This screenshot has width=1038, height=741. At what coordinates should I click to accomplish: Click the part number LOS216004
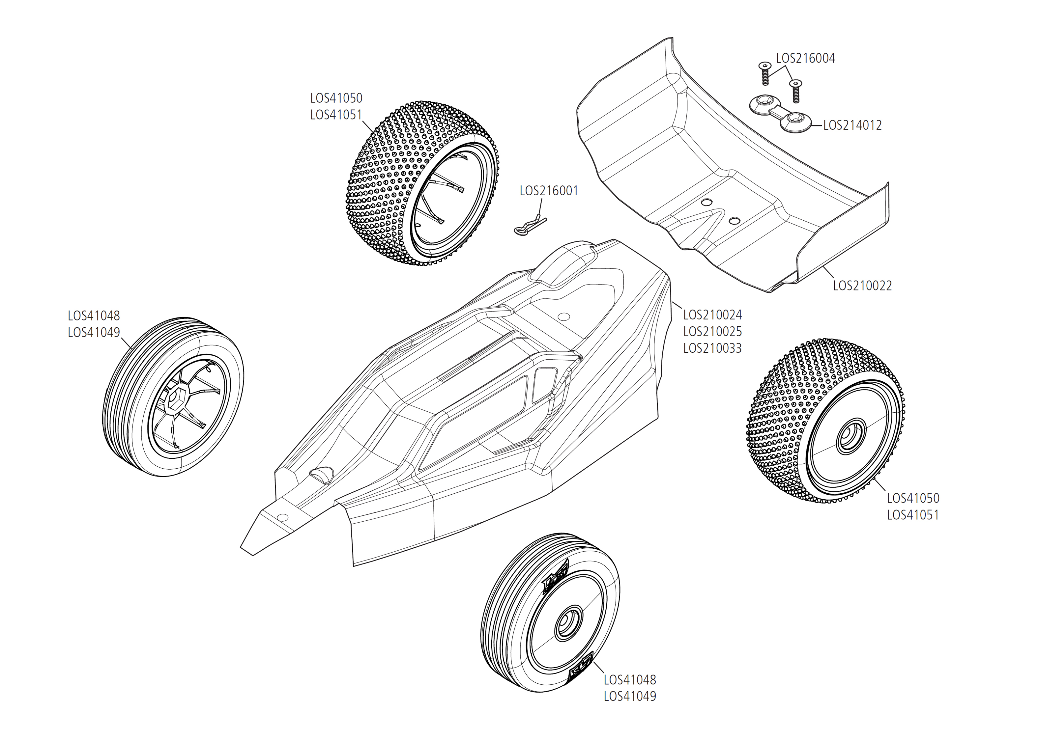tap(805, 58)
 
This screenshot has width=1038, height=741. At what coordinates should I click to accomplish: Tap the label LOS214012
tap(852, 125)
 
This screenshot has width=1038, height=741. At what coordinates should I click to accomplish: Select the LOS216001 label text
tap(549, 191)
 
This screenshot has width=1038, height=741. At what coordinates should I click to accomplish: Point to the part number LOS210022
tap(862, 286)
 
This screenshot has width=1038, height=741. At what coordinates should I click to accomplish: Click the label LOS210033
tap(712, 348)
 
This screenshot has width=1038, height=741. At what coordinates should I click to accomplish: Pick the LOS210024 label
tap(712, 315)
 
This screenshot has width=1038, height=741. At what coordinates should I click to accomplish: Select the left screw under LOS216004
tap(765, 73)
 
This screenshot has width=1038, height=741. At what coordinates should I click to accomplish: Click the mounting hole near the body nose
tap(282, 517)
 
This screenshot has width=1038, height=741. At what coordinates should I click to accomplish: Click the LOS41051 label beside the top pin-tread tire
tap(336, 115)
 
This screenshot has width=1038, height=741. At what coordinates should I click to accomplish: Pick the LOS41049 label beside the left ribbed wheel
tap(94, 332)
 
